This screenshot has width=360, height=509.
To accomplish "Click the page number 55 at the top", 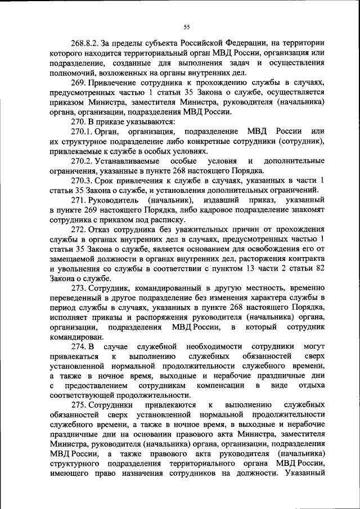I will [x=186, y=26].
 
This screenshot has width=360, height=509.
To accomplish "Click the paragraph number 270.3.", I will [x=82, y=181].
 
